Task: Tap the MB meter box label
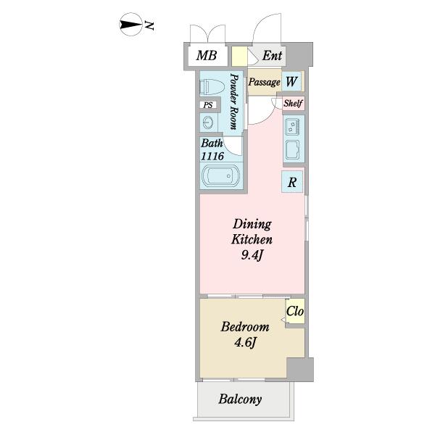207,56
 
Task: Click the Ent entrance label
272,56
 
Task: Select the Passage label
264,82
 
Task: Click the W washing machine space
291,81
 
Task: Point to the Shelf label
293,103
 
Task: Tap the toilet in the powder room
212,87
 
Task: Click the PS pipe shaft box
208,105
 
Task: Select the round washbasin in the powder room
208,123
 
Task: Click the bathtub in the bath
221,176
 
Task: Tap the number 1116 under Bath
212,157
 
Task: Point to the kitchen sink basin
292,150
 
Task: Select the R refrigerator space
292,182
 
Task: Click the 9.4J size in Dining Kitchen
252,255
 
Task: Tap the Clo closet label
295,311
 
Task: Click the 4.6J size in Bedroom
245,343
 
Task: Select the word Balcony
240,399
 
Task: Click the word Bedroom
245,327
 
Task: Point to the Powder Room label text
234,101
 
